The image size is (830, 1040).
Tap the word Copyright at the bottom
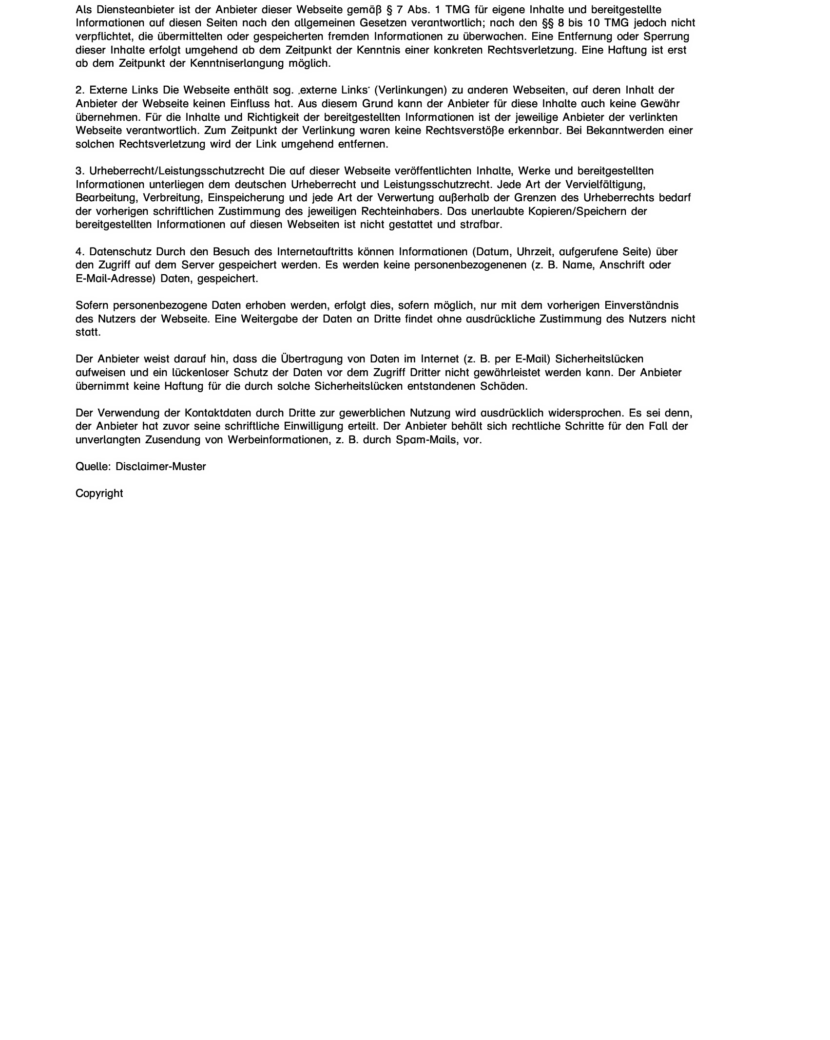coord(99,493)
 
